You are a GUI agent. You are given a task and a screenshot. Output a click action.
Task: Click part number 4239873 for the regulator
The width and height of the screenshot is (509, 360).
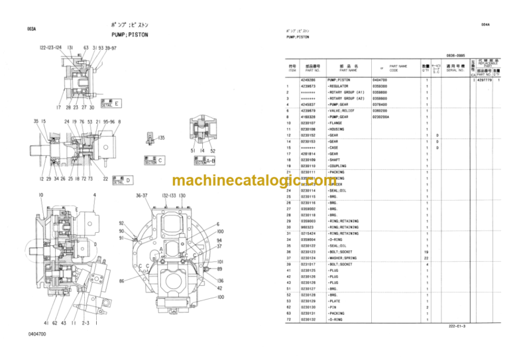308,86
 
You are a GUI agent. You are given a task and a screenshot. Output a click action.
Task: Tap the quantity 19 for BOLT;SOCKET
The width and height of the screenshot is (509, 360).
427,252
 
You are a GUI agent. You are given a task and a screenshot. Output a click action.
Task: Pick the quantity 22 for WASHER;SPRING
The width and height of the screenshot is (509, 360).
427,258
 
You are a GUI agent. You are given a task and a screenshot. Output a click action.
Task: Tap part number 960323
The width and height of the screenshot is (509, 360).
307,227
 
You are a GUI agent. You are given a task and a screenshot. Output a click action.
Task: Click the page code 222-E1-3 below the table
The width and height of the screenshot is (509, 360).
457,327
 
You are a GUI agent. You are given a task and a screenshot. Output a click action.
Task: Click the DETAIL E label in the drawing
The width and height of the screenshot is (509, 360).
109,104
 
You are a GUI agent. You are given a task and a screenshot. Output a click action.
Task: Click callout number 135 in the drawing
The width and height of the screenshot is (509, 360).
158,137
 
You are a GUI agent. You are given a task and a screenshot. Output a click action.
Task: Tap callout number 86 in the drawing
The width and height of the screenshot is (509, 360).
121,281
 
